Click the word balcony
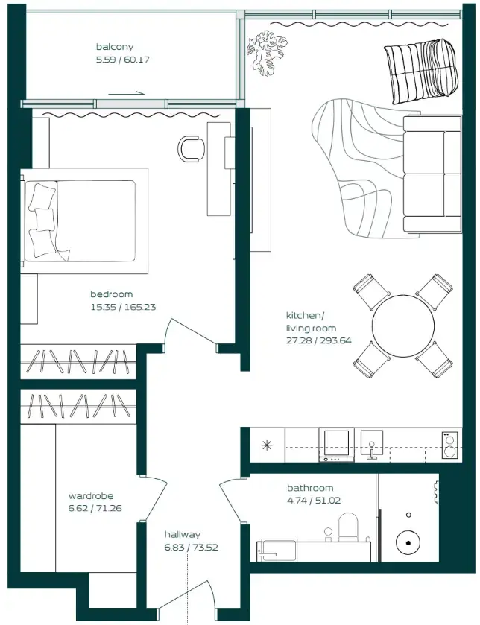pyautogui.click(x=114, y=47)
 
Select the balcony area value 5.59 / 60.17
pyautogui.click(x=123, y=60)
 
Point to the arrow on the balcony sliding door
pyautogui.click(x=127, y=94)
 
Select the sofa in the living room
pyautogui.click(x=432, y=174)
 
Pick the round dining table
pyautogui.click(x=403, y=326)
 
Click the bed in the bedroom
pyautogui.click(x=85, y=215)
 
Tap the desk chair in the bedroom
pyautogui.click(x=191, y=148)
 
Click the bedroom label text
pyautogui.click(x=112, y=294)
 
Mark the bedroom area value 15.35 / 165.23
pyautogui.click(x=123, y=306)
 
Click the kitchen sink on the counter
pyautogui.click(x=371, y=445)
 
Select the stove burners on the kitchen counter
pyautogui.click(x=449, y=445)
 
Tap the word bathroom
pyautogui.click(x=309, y=489)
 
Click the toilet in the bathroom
pyautogui.click(x=350, y=527)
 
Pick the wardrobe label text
pyautogui.click(x=91, y=496)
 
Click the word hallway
pyautogui.click(x=183, y=534)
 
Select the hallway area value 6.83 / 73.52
pyautogui.click(x=192, y=547)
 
